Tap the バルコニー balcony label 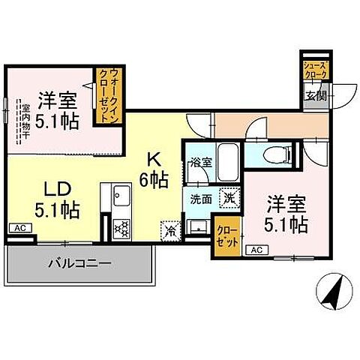[80, 264]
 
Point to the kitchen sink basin [121, 199]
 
